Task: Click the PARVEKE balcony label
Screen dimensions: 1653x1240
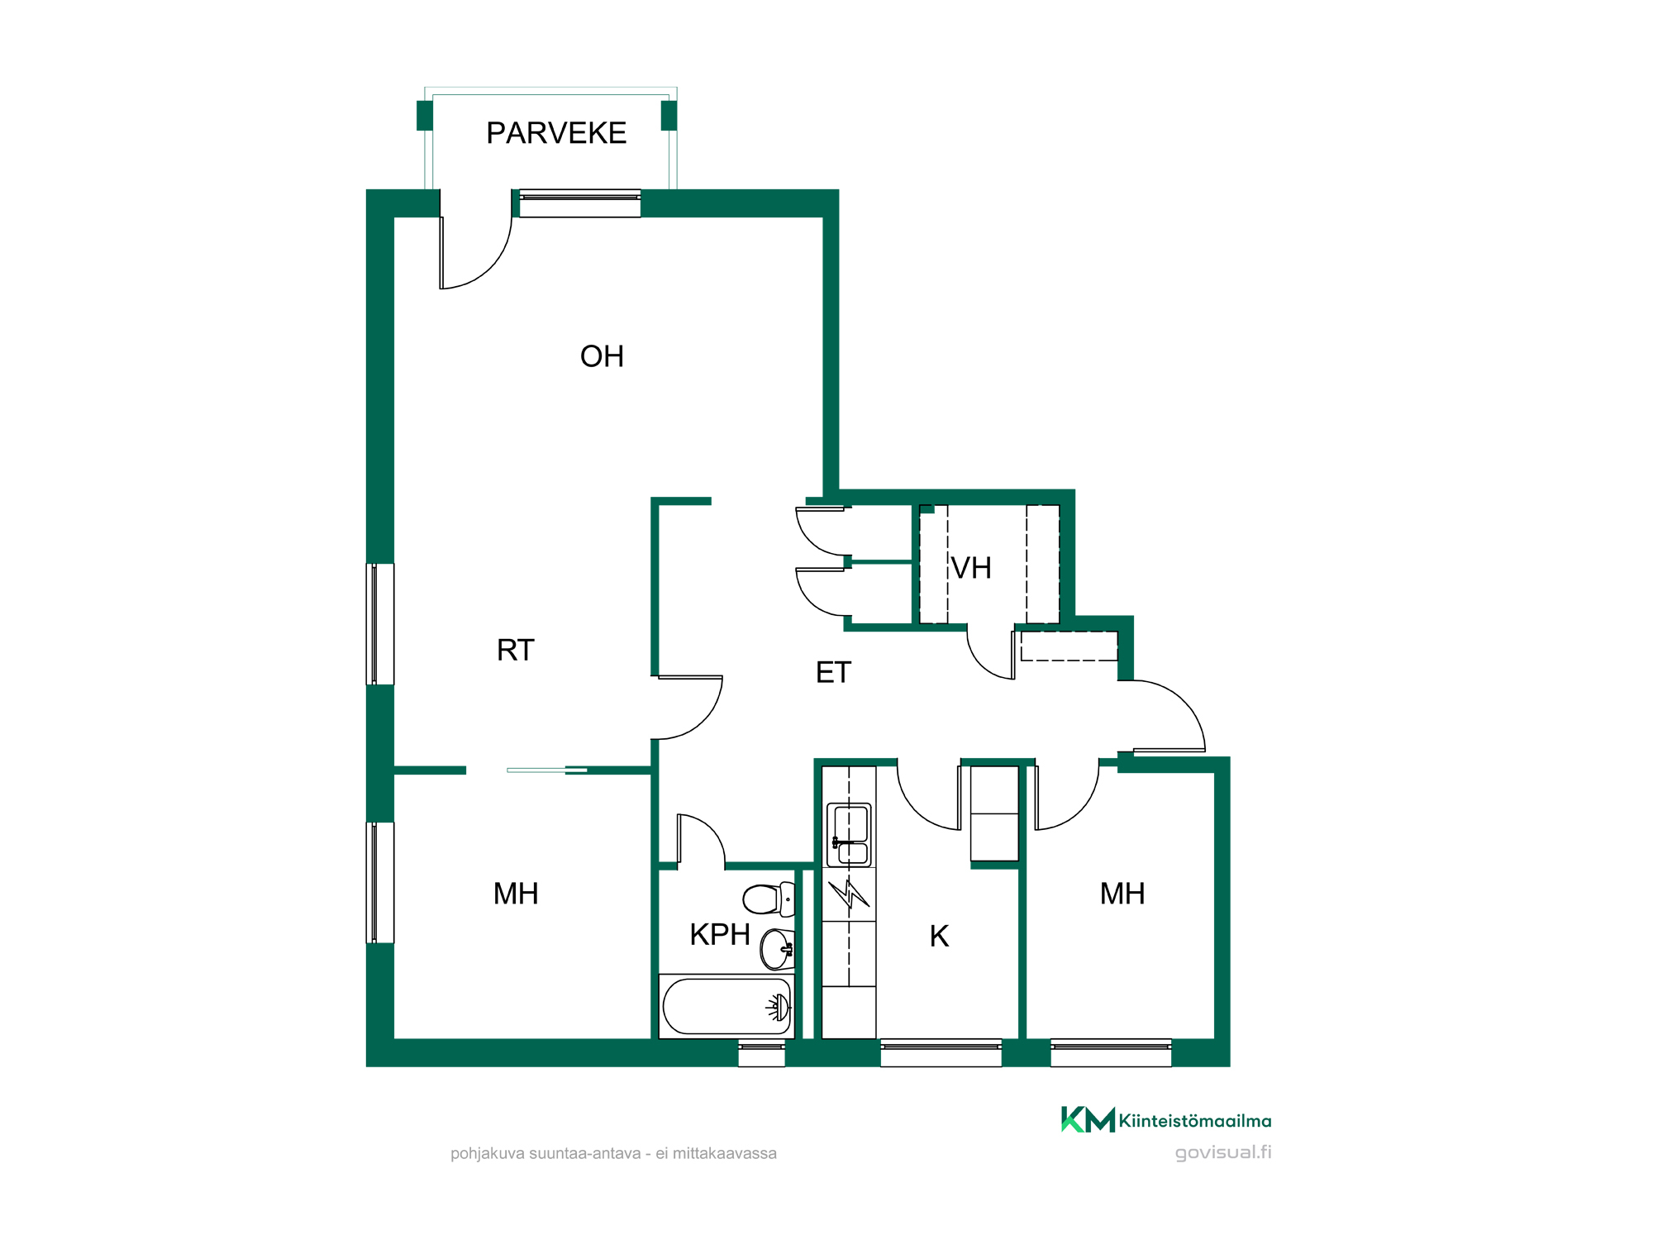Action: click(x=556, y=133)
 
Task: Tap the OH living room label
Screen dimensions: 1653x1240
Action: click(x=602, y=356)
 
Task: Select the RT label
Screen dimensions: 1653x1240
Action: click(x=516, y=650)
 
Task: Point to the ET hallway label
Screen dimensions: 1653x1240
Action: click(x=833, y=672)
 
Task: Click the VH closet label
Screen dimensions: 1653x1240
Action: click(x=971, y=568)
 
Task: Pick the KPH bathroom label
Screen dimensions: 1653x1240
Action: click(x=720, y=934)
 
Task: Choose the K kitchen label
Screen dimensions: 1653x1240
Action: click(x=939, y=936)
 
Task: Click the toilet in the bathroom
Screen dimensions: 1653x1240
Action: click(x=769, y=899)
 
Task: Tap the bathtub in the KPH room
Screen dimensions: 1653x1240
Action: click(x=726, y=1006)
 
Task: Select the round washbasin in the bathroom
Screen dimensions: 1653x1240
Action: click(x=777, y=949)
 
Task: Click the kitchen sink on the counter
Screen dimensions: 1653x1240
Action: click(x=850, y=835)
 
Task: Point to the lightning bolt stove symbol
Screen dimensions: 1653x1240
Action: click(x=849, y=894)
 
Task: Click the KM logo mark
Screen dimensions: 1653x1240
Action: click(x=1088, y=1119)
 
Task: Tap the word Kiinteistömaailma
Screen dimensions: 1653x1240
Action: click(x=1195, y=1121)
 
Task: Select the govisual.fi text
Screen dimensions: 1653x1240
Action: click(x=1223, y=1152)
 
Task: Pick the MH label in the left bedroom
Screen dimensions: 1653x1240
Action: click(x=516, y=894)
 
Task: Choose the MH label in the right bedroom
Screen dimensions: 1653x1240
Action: click(x=1122, y=894)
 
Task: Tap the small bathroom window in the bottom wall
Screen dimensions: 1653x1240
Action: click(x=761, y=1052)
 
